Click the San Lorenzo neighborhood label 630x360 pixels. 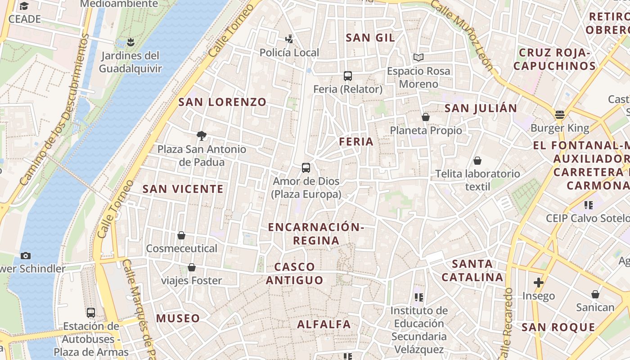[222, 102]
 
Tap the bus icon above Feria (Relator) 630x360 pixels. [347, 76]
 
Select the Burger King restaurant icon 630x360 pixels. [560, 115]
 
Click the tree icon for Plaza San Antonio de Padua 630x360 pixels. [202, 135]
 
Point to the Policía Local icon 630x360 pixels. [289, 39]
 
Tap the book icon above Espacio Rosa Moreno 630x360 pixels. [418, 57]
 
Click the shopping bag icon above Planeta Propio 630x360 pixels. [426, 117]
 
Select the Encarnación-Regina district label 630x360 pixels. [316, 234]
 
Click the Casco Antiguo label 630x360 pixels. [295, 274]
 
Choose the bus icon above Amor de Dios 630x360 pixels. [306, 168]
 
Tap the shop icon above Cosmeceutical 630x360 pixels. [181, 235]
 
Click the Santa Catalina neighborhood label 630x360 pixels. [472, 270]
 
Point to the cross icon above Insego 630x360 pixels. [538, 283]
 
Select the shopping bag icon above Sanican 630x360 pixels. [595, 294]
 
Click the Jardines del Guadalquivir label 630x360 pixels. [130, 63]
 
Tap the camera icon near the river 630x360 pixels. [26, 256]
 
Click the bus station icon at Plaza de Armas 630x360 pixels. [91, 312]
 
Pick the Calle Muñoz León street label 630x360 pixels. [463, 35]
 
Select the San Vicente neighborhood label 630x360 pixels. [183, 189]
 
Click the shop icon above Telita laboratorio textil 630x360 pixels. [477, 161]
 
